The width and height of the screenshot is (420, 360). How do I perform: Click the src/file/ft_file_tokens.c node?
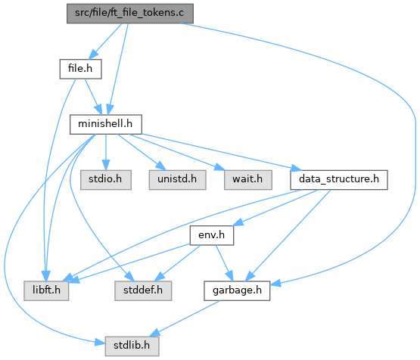click(130, 14)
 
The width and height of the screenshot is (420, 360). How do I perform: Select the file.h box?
click(81, 69)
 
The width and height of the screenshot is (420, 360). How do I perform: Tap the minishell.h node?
click(106, 125)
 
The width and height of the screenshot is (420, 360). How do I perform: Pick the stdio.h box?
click(106, 180)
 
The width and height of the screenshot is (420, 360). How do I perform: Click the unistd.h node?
click(177, 180)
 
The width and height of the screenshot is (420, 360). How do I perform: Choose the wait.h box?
click(248, 180)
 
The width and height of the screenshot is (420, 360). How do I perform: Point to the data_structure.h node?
click(339, 180)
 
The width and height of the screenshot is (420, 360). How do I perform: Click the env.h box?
click(212, 235)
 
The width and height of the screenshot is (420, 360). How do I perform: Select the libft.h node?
click(46, 290)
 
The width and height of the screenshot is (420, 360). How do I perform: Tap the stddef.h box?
click(143, 290)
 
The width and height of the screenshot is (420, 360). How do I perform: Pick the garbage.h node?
click(237, 290)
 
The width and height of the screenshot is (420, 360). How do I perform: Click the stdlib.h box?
click(132, 346)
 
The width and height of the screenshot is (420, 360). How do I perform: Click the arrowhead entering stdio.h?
click(106, 165)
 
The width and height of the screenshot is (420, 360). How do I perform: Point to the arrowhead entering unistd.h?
click(161, 166)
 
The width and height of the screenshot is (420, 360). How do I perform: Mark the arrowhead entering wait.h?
click(219, 167)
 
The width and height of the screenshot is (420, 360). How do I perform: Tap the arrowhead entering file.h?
click(94, 54)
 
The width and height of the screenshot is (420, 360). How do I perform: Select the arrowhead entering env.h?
click(238, 222)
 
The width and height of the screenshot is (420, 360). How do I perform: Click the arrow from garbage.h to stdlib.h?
click(185, 318)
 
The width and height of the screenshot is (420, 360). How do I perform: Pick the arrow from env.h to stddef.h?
click(178, 263)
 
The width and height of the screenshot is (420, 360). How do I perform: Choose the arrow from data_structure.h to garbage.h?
click(288, 235)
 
